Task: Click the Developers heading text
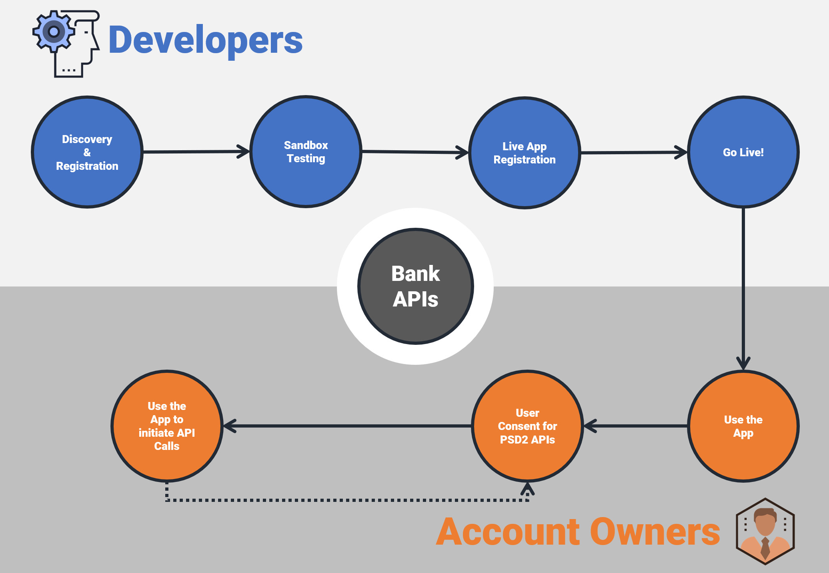pos(205,40)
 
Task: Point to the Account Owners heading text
pos(578,532)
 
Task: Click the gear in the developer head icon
pos(54,31)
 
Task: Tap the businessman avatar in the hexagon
pos(765,531)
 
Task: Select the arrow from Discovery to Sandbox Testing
pos(196,152)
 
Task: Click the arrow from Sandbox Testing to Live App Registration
pos(414,152)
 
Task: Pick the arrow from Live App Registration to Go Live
pos(633,152)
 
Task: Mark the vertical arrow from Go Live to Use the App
pos(743,288)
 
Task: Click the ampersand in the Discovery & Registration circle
pos(87,153)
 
